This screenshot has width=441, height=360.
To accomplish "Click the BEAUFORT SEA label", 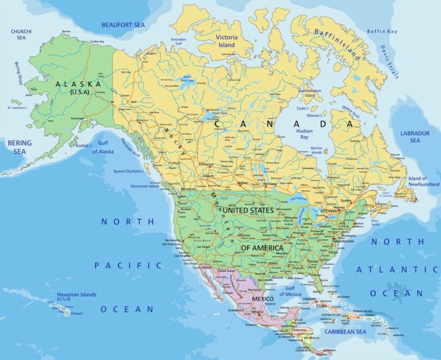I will pos(123,25).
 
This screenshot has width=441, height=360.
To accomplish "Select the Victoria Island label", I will pos(226,41).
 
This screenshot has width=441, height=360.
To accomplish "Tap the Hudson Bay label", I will pos(304,133).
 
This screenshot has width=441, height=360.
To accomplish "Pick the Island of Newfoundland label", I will pos(423,181).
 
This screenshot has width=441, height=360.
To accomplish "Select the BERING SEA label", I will pos(19,147).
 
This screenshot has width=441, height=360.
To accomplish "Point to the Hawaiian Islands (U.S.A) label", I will pos(76,296).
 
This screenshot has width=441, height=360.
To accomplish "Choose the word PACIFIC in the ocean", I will pos(128,266).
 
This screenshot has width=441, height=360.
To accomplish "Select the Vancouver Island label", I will pos(145,186).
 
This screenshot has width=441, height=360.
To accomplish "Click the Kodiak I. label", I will pos(84,145).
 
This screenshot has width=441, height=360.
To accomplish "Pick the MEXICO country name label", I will pos(263,298).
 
